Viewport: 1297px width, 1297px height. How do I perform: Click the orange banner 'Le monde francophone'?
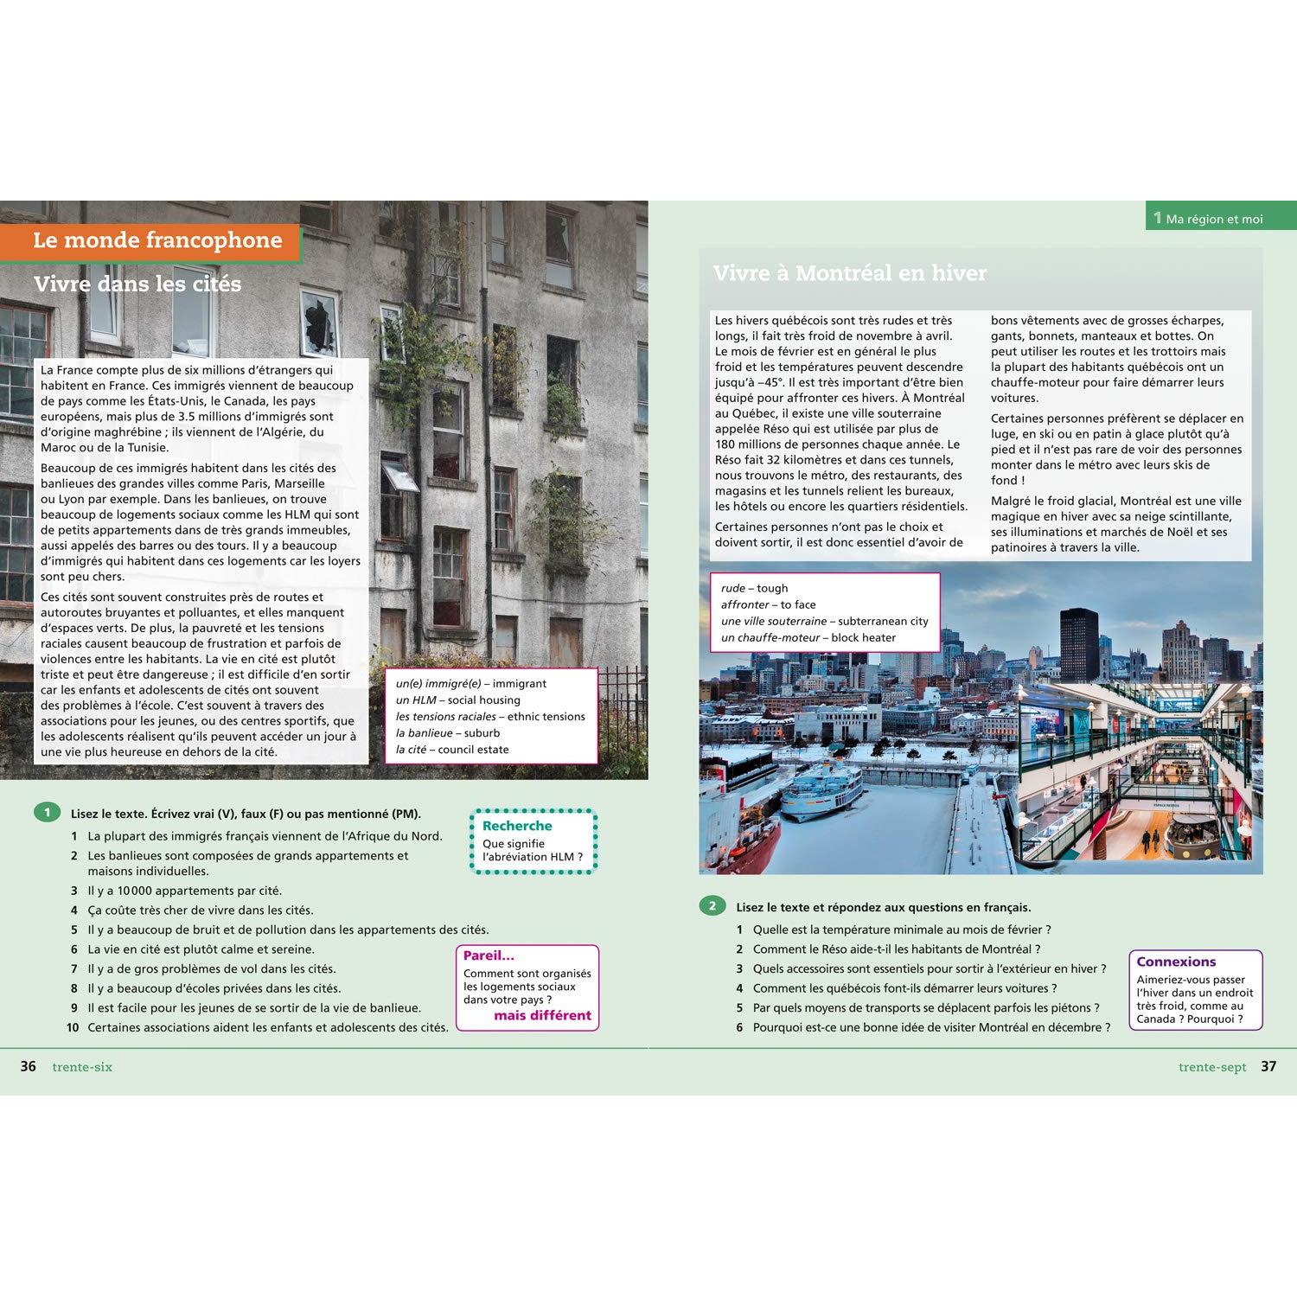tap(157, 240)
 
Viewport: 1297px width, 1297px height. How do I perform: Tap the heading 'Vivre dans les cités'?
tap(137, 284)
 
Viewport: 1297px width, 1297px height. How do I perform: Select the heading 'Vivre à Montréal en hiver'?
tap(849, 273)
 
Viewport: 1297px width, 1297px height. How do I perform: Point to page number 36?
tap(29, 1066)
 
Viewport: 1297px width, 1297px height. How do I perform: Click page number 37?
tap(1268, 1066)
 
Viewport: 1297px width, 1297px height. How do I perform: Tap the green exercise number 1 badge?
tap(47, 812)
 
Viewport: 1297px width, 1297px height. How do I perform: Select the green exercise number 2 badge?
tap(712, 906)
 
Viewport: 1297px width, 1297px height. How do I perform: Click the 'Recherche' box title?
tap(517, 826)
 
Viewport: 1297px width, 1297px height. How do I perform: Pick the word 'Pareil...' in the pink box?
tap(489, 955)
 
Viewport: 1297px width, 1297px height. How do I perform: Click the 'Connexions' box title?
tap(1176, 962)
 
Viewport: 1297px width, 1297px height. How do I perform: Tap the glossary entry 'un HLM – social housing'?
tap(458, 700)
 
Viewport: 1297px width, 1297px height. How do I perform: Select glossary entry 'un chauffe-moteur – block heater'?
tap(808, 638)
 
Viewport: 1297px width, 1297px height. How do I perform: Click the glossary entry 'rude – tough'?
tap(754, 588)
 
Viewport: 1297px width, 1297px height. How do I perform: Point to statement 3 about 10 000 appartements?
tap(184, 891)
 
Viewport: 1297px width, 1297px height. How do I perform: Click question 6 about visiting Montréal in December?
tap(931, 1027)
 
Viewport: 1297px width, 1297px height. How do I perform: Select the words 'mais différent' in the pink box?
tap(542, 1015)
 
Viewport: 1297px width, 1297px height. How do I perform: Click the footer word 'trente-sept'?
tap(1212, 1067)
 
